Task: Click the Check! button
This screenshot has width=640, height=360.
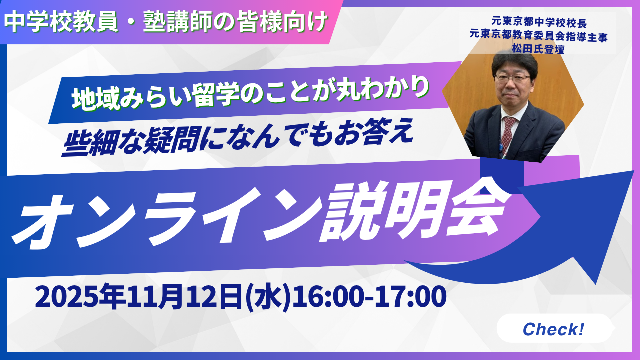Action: pos(553,329)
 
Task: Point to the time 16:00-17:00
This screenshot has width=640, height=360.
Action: pos(369,297)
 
